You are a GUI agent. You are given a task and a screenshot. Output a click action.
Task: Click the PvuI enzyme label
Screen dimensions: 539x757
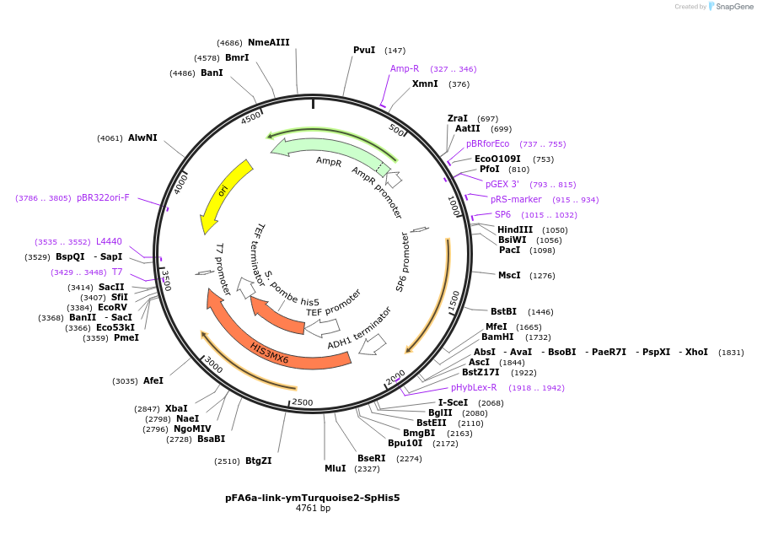tap(364, 50)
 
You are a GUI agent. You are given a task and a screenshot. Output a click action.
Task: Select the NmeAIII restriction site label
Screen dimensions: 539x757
tap(268, 42)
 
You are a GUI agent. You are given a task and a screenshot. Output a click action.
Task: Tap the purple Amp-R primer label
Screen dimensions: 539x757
tap(405, 68)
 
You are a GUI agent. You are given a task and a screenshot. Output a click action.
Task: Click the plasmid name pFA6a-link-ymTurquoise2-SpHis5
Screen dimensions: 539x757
tap(312, 498)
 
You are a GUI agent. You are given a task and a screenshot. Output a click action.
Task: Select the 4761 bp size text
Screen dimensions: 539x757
tap(313, 509)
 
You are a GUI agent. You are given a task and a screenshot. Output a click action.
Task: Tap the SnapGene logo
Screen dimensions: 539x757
tap(730, 7)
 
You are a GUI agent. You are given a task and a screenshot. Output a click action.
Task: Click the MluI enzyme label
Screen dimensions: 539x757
tap(335, 468)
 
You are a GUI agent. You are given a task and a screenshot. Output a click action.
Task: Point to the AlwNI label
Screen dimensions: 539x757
tap(142, 137)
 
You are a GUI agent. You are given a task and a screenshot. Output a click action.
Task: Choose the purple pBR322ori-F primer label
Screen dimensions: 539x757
tap(103, 197)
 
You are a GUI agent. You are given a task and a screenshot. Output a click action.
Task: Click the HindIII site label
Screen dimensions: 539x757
tap(514, 229)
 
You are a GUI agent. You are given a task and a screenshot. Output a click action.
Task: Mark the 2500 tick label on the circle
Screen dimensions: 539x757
tap(302, 402)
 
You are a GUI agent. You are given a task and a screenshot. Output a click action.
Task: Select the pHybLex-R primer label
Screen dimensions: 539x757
tap(474, 387)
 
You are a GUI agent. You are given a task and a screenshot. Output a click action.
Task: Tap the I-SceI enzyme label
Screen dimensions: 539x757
tap(453, 402)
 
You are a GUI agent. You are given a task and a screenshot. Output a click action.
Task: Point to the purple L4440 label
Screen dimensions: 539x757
tap(109, 241)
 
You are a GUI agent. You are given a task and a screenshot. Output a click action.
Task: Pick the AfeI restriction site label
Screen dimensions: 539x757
tap(153, 380)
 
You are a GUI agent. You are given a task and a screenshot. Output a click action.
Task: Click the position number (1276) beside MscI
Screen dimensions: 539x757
tap(543, 275)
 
